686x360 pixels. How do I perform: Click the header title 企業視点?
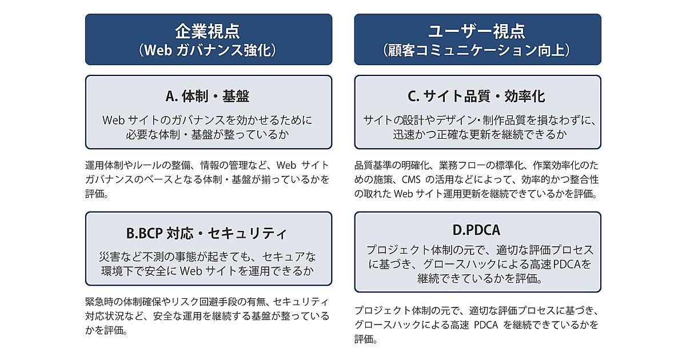pos(208,31)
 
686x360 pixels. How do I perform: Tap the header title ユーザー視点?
pos(477,31)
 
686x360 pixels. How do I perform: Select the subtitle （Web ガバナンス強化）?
pos(208,50)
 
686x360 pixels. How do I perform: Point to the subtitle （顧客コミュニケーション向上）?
pos(477,50)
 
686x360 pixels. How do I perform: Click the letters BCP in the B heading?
pos(149,233)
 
